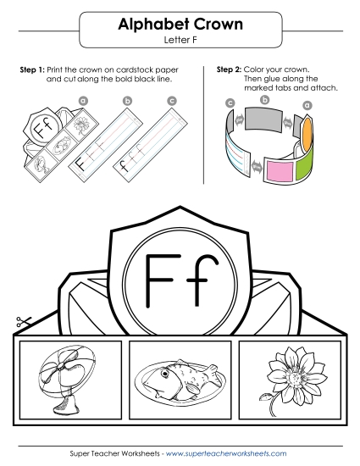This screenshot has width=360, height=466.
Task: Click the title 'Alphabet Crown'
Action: pyautogui.click(x=179, y=25)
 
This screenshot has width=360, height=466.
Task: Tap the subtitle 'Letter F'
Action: pyautogui.click(x=179, y=40)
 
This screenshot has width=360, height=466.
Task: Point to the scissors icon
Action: pyautogui.click(x=22, y=323)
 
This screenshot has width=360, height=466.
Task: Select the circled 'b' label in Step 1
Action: pyautogui.click(x=127, y=101)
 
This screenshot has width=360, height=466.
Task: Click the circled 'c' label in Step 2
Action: pyautogui.click(x=230, y=103)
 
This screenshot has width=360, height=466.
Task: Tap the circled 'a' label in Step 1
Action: pyautogui.click(x=83, y=99)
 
